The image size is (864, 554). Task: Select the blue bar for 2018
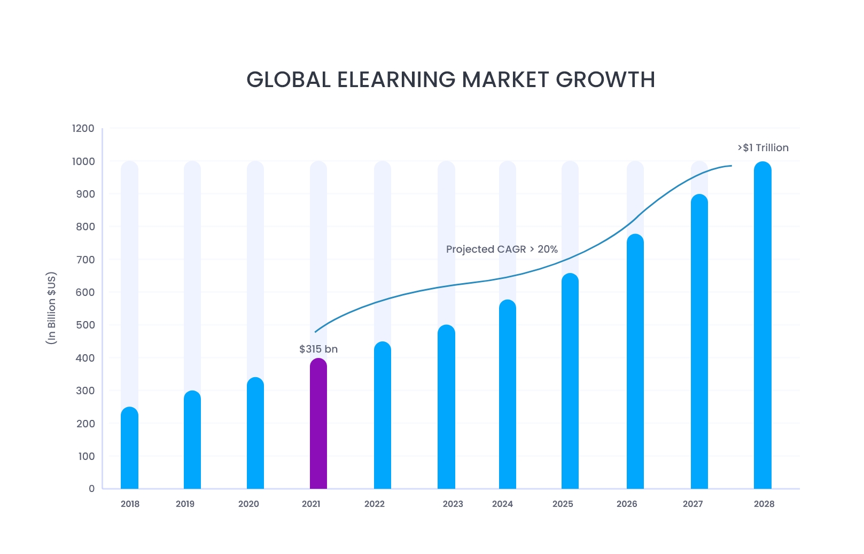[129, 448]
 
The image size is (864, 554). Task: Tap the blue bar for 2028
[762, 325]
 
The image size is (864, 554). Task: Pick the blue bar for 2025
[570, 381]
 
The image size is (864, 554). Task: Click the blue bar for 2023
[446, 407]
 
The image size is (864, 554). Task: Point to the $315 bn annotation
[318, 349]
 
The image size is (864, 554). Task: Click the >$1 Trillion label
[763, 148]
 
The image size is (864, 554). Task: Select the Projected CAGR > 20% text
[502, 249]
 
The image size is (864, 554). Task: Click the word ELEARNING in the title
[396, 80]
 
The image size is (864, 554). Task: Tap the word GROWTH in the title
[605, 80]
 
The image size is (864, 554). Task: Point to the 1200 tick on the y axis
[83, 129]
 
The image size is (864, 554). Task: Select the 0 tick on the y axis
[91, 489]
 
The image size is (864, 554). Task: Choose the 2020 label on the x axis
[248, 504]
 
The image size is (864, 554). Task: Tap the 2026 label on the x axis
[627, 504]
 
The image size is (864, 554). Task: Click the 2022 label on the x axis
[375, 504]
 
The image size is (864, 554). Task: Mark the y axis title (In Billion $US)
[51, 308]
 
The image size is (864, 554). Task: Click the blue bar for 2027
[699, 342]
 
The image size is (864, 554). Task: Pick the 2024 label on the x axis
[502, 504]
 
